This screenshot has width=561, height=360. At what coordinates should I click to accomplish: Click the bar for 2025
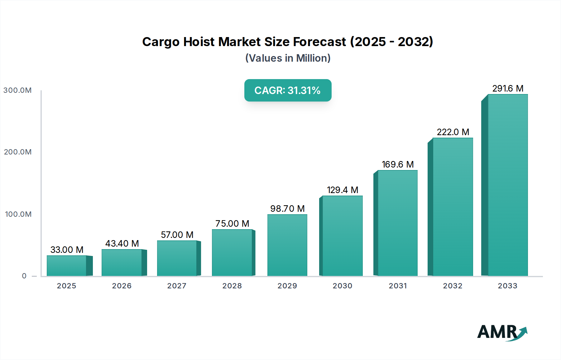[x=67, y=266]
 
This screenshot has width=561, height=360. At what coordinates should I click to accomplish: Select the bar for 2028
[x=232, y=253]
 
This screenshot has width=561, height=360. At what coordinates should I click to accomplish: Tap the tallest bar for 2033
[x=508, y=185]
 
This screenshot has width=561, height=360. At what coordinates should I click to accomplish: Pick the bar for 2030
[x=343, y=236]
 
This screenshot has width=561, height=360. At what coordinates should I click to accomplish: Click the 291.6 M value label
[x=508, y=88]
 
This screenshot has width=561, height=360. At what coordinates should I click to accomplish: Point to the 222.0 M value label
[x=453, y=132]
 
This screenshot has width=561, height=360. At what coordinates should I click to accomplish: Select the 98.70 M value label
[x=287, y=209]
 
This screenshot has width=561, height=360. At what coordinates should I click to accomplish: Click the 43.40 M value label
[x=122, y=244]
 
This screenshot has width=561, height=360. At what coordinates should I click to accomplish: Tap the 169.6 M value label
[x=398, y=164]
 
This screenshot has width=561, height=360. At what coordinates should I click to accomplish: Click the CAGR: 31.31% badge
[x=288, y=90]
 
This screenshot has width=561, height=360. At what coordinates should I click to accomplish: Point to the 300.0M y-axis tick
[x=17, y=90]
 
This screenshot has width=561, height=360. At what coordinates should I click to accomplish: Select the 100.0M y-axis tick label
[x=18, y=214]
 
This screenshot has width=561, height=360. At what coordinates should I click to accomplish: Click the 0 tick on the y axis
[x=24, y=276]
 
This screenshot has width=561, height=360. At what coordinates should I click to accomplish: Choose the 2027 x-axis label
[x=177, y=286]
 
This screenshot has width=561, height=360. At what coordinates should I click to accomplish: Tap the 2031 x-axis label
[x=398, y=286]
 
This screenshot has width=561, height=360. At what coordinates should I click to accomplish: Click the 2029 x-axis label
[x=287, y=286]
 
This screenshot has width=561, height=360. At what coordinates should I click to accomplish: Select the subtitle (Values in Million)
[x=288, y=58]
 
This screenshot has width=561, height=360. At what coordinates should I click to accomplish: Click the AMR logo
[x=502, y=332]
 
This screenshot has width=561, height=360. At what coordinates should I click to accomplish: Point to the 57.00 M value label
[x=177, y=235]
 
